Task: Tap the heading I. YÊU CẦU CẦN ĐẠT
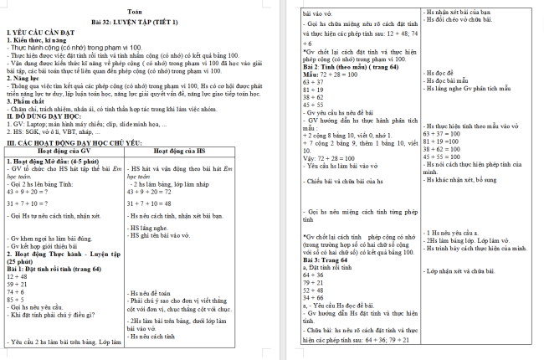point(36,31)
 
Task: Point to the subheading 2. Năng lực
point(26,79)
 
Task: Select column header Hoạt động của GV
point(65,149)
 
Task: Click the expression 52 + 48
point(314,291)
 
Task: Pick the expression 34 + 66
point(314,298)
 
